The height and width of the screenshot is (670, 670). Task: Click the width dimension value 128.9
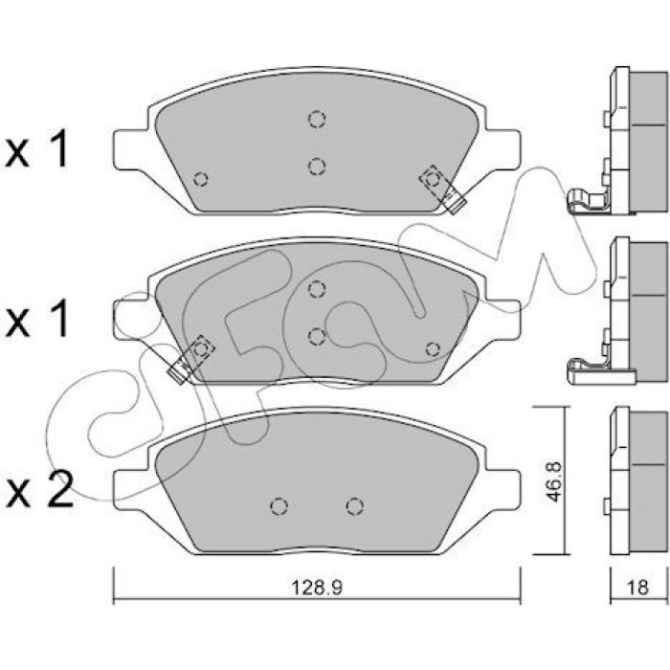[x=317, y=588]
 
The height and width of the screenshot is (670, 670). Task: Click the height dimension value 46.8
[x=554, y=480]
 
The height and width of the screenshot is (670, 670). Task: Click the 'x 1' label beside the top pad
[x=36, y=148]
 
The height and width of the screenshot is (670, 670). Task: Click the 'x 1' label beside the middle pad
[x=36, y=319]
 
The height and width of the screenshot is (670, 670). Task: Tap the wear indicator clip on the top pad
[x=442, y=189]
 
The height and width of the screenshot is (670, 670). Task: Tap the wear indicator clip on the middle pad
[x=191, y=359]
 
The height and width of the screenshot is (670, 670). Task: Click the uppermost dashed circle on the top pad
[x=316, y=119]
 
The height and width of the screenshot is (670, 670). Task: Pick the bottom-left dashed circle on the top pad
[x=200, y=179]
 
